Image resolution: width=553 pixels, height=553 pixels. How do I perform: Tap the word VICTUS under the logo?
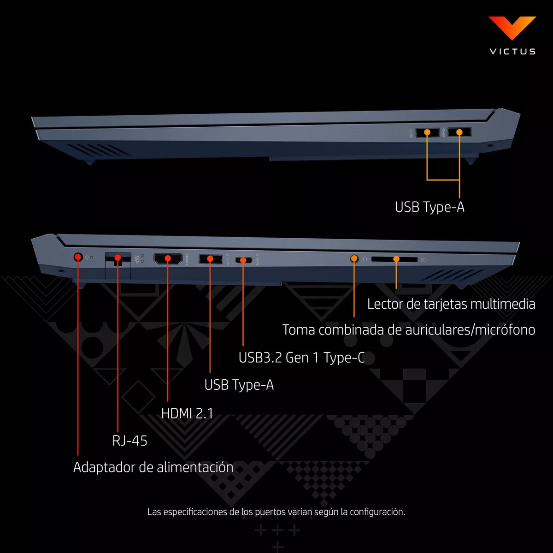512,52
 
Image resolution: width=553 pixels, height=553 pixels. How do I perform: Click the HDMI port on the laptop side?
168,259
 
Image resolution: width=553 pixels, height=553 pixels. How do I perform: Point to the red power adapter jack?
78,257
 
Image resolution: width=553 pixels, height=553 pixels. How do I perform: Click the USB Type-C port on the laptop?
243,260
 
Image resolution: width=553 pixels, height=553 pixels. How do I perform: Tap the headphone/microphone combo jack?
354,259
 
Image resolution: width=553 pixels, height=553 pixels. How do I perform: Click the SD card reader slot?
394,259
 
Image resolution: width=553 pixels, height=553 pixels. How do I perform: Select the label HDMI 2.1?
188,413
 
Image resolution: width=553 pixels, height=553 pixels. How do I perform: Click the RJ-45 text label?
129,441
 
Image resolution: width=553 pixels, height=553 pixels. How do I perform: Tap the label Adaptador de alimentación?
153,467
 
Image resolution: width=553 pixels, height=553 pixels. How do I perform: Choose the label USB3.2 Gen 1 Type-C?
301,358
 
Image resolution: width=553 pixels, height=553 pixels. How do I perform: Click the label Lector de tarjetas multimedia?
451,304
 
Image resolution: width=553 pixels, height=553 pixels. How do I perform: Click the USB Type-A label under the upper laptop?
429,207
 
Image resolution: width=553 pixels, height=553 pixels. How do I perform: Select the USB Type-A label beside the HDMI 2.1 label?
239,385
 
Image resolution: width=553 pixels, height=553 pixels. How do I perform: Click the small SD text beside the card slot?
424,260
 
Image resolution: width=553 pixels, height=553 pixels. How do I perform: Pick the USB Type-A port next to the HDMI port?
210,259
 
